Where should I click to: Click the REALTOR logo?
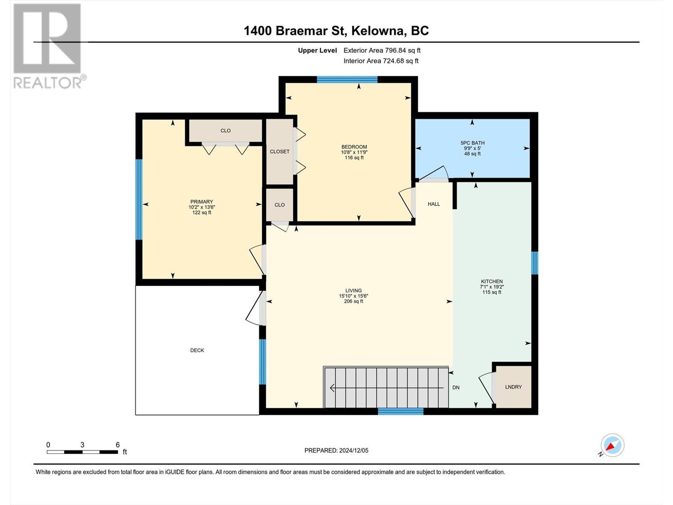coord(49,46)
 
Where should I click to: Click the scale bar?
coord(82,452)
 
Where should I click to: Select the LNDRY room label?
coord(513,387)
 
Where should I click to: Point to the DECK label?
coord(197,350)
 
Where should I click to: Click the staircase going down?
coord(386,387)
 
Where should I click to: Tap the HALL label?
coord(434,204)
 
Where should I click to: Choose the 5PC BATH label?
coord(472,143)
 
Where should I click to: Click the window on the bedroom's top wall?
coord(347,80)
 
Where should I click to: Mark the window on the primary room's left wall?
coord(139,199)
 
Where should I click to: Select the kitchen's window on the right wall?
coord(535,263)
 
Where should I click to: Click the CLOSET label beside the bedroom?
coord(279,151)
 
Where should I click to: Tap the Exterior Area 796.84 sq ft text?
coord(382,50)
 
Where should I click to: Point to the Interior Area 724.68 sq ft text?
coord(381,61)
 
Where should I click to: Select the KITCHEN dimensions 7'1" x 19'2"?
coord(492,287)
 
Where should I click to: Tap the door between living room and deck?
coord(255,308)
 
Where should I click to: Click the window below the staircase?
coord(400,412)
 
